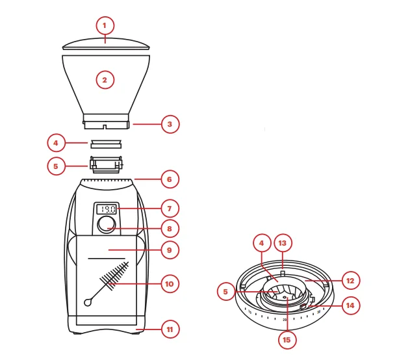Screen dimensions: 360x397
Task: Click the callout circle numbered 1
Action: coord(105,26)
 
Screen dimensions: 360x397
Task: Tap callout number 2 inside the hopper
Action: coord(105,80)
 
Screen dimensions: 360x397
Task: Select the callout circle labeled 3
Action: coord(170,123)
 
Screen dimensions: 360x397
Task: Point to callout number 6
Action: coord(170,179)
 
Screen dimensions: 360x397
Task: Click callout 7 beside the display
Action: coord(170,209)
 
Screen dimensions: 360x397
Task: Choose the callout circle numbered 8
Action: coord(170,229)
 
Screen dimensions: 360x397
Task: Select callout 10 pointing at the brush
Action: coord(170,284)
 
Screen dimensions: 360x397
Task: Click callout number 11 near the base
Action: coord(170,329)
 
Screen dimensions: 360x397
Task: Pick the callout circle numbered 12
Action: coord(350,281)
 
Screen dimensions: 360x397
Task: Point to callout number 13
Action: coord(283,243)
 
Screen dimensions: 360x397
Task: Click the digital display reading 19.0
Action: coord(107,209)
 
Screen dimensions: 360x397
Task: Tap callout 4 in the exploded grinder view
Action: coord(57,142)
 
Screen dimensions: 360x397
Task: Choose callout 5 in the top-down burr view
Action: coord(226,292)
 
